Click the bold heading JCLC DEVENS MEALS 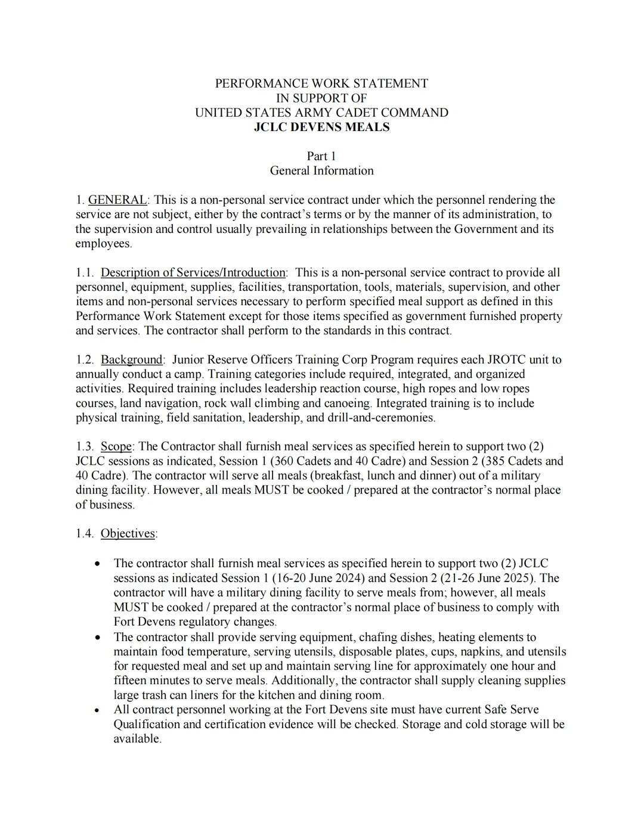321,127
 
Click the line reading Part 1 321,156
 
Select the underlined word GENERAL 117,200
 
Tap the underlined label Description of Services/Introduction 193,272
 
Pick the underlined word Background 131,359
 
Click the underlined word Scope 116,446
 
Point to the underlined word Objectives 128,533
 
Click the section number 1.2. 85,359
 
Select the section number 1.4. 85,533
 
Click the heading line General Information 321,170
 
